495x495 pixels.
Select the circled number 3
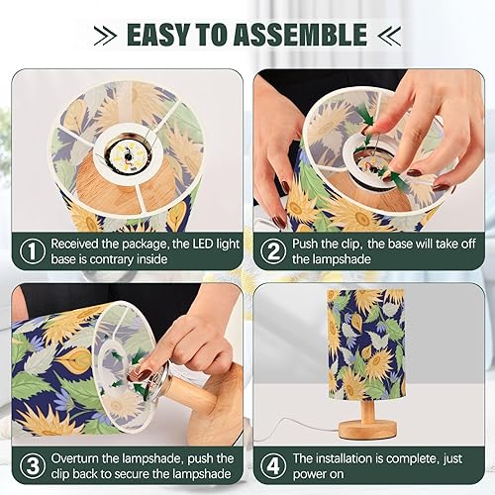(x=32, y=466)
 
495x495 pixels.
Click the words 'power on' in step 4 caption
(x=327, y=476)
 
